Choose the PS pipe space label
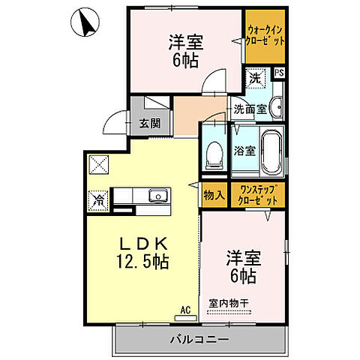coord(278,73)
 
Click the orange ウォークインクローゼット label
coord(265,35)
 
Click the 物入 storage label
coord(214,195)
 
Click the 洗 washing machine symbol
coord(255,77)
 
